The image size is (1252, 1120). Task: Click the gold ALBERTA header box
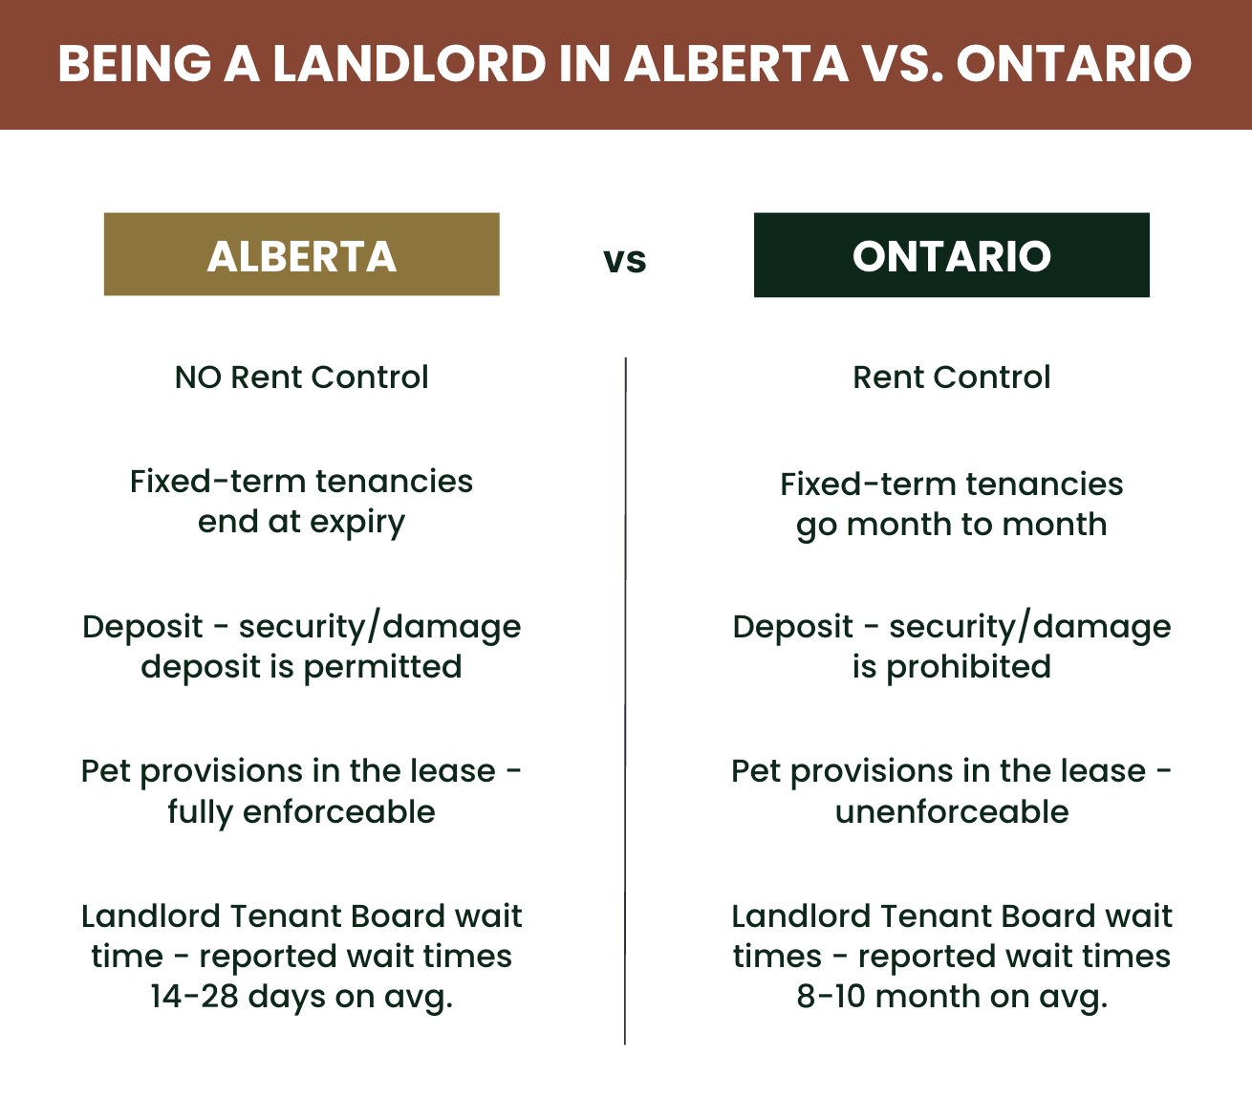[x=302, y=254]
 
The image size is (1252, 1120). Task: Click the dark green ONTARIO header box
[x=952, y=254]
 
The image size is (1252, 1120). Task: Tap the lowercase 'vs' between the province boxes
[x=625, y=260]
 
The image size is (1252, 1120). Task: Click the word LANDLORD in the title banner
[x=410, y=63]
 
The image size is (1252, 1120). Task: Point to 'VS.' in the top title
[x=903, y=63]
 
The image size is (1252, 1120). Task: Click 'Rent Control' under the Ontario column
[x=952, y=377]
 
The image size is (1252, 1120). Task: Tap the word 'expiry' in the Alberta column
[x=356, y=524]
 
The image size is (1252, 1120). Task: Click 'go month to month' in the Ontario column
[x=952, y=526]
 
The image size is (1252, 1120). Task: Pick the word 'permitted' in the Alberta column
[x=382, y=668]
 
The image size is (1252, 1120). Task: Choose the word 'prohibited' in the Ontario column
[x=969, y=668]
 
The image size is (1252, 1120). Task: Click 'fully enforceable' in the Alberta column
[x=302, y=812]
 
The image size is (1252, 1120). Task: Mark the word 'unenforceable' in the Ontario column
[x=952, y=811]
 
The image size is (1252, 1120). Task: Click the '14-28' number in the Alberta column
[x=194, y=997]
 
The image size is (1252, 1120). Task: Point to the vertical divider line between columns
[x=625, y=700]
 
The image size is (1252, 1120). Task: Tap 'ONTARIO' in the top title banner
[x=1074, y=63]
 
